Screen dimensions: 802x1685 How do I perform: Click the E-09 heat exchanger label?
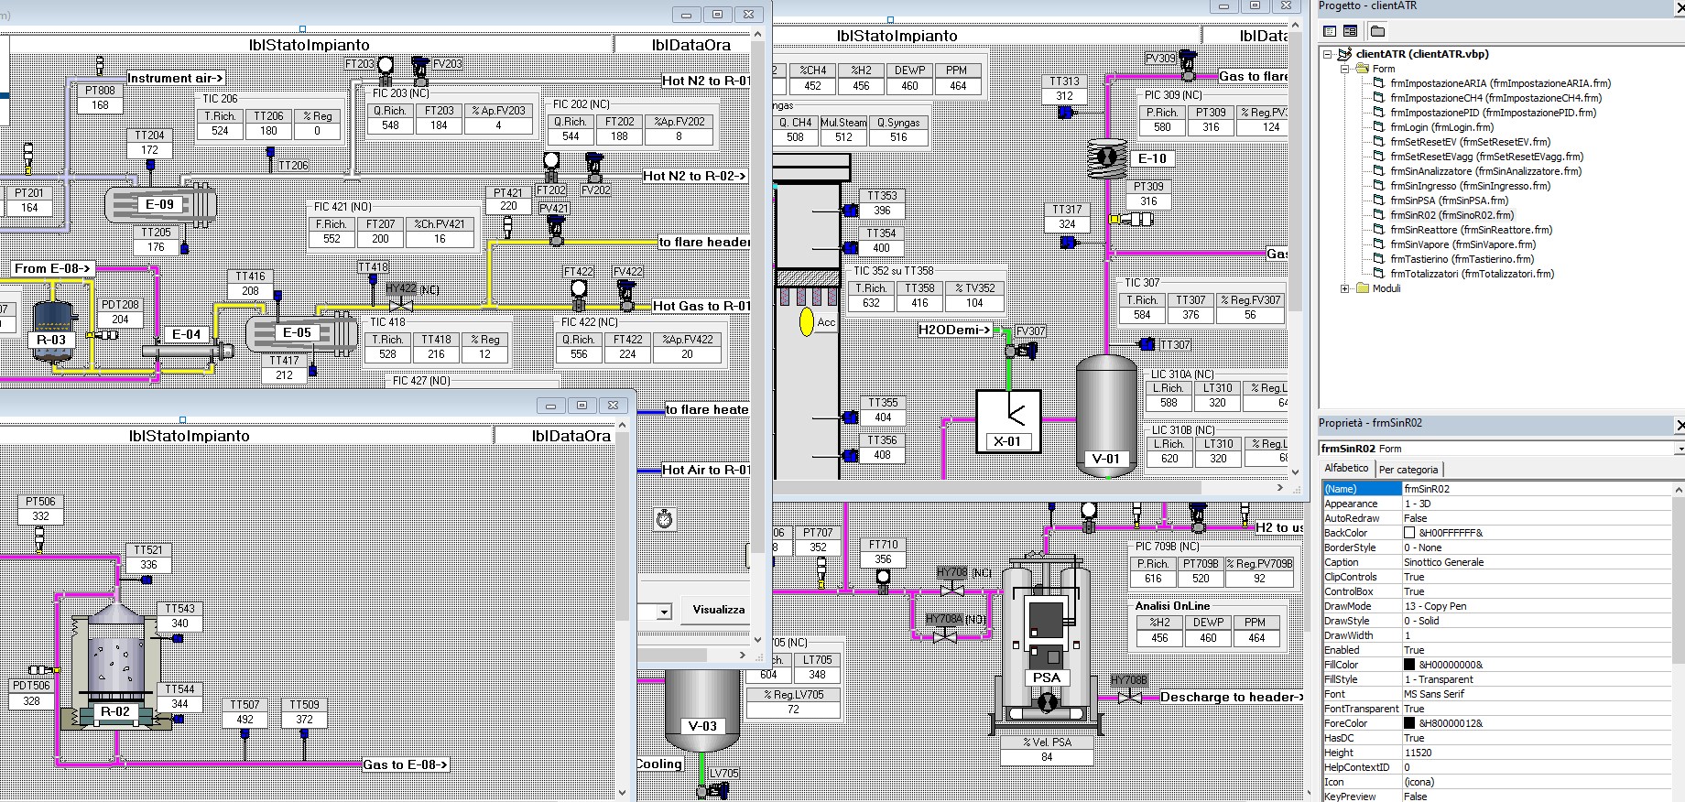pyautogui.click(x=159, y=204)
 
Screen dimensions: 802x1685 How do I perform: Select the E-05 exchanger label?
pyautogui.click(x=297, y=332)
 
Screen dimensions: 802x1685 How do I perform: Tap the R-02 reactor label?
pyautogui.click(x=114, y=711)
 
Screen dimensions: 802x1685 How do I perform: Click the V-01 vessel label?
pyautogui.click(x=1105, y=459)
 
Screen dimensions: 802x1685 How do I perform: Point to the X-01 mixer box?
pyautogui.click(x=1007, y=421)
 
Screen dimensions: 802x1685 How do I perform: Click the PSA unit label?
pyautogui.click(x=1046, y=677)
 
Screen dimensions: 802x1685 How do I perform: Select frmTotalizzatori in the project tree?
pyautogui.click(x=1471, y=274)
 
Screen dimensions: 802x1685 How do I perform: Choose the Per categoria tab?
pyautogui.click(x=1408, y=470)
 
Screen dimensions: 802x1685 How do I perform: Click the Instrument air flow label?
pyautogui.click(x=175, y=78)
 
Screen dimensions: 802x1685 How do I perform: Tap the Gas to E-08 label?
pyautogui.click(x=406, y=764)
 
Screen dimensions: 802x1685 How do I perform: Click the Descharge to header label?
pyautogui.click(x=1231, y=697)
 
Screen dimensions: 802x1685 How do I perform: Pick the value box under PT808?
pyautogui.click(x=100, y=105)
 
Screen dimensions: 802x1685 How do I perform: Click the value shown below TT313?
pyautogui.click(x=1064, y=96)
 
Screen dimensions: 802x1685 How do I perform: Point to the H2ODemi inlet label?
pyautogui.click(x=955, y=330)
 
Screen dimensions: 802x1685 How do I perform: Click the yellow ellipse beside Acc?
pyautogui.click(x=806, y=322)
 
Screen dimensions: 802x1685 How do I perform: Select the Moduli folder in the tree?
pyautogui.click(x=1386, y=288)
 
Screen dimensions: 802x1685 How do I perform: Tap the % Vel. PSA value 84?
pyautogui.click(x=1047, y=757)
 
